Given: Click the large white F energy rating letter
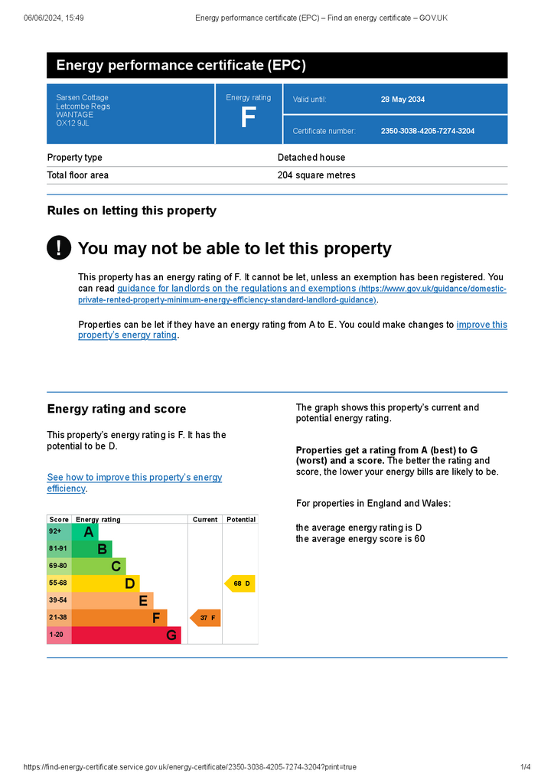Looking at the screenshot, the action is pos(248,117).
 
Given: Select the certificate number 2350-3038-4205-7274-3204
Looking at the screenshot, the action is pos(428,131).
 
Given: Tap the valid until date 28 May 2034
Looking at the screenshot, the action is pos(402,100).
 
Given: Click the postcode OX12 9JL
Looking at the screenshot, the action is pos(73,123).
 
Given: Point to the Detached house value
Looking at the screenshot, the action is pos(311,158).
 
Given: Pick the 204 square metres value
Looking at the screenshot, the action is pos(316,175).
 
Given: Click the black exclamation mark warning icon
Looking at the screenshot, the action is pos(59,247).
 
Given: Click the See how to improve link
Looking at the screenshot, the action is pos(135,482).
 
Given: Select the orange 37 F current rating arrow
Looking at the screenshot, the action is pos(205,618).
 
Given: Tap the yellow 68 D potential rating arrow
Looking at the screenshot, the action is pos(240,583).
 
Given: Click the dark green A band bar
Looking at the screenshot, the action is pos(85,531).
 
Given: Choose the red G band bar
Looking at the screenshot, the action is pos(126,635).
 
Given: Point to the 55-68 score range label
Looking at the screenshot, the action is pos(58,583).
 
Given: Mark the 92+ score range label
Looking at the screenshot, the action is pos(55,531).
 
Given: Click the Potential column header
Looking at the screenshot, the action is pos(241,520).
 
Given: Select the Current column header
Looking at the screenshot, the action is pos(205,520).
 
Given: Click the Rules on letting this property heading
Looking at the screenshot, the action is pos(132,211).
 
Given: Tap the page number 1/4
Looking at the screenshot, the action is pos(526,767).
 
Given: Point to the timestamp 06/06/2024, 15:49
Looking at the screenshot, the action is pos(54,18).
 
